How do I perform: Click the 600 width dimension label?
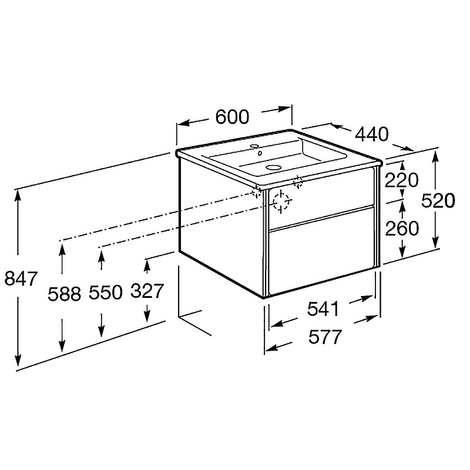point(232,116)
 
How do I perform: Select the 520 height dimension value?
point(438,200)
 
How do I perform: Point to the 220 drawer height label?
point(401,180)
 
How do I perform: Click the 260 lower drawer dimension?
point(402,228)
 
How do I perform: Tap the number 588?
point(65,293)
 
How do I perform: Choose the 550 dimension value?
point(106,292)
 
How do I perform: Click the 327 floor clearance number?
point(147,290)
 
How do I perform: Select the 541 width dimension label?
point(323,309)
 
